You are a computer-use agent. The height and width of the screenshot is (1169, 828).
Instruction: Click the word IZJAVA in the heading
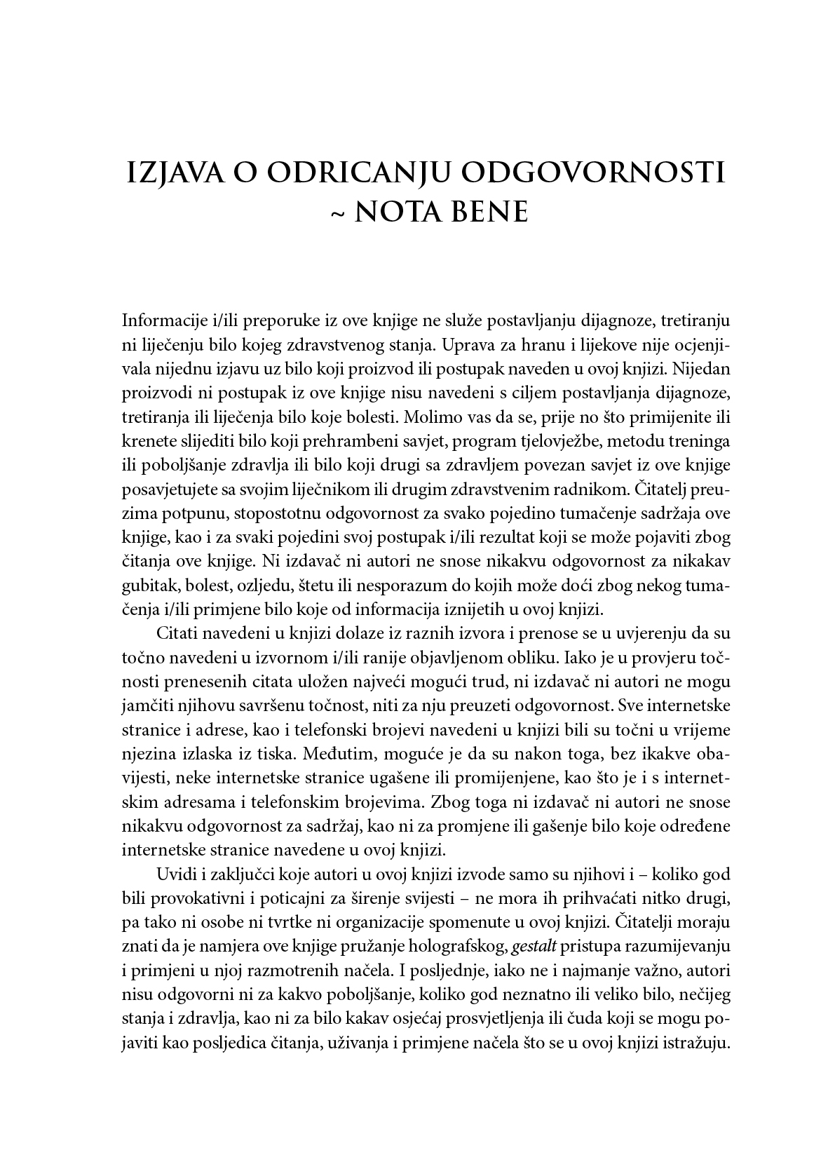172,172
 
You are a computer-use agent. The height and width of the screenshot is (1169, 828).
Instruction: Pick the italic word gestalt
534,947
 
